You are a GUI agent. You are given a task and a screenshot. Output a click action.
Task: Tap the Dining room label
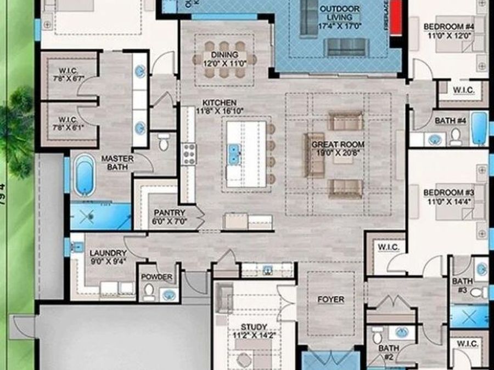(x=224, y=55)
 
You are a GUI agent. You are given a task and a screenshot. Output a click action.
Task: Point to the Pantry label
(x=170, y=213)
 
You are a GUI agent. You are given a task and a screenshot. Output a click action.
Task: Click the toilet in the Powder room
(x=149, y=293)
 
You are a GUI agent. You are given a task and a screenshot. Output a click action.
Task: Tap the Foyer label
(x=331, y=300)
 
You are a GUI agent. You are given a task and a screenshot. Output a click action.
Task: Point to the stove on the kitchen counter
(x=189, y=153)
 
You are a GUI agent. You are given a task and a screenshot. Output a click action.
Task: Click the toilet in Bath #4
(x=456, y=136)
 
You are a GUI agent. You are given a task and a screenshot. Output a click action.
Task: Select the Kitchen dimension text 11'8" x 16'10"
(x=220, y=111)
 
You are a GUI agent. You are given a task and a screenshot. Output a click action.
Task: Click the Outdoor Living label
(x=339, y=9)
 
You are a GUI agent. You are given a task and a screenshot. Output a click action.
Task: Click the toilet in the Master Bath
(x=163, y=143)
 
